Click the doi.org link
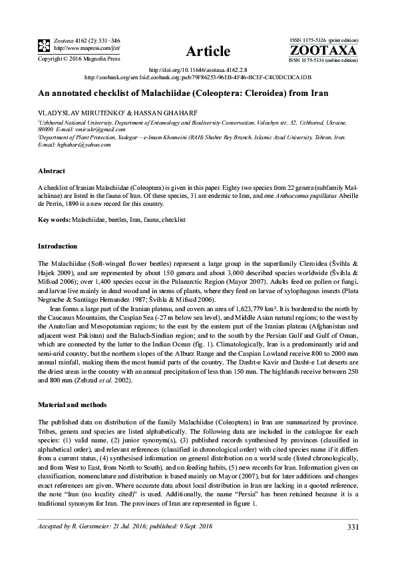click(198, 69)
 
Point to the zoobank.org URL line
click(198, 77)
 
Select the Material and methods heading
click(75, 404)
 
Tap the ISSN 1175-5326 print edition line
click(323, 41)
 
